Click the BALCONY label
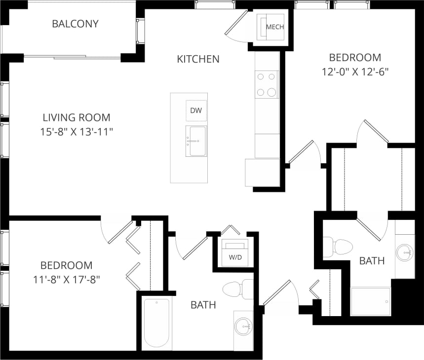pos(75,24)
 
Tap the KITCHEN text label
pos(198,59)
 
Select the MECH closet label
pos(275,27)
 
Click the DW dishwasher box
pos(196,110)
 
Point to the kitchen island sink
pos(196,141)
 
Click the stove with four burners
pos(267,84)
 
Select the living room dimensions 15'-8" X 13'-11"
pos(77,132)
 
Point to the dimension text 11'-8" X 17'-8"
pos(67,279)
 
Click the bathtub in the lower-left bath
pos(157,323)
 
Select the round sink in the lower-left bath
pos(243,326)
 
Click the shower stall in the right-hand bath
pos(370,301)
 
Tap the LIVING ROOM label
pos(77,117)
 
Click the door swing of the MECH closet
pos(236,23)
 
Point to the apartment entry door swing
pos(279,296)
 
